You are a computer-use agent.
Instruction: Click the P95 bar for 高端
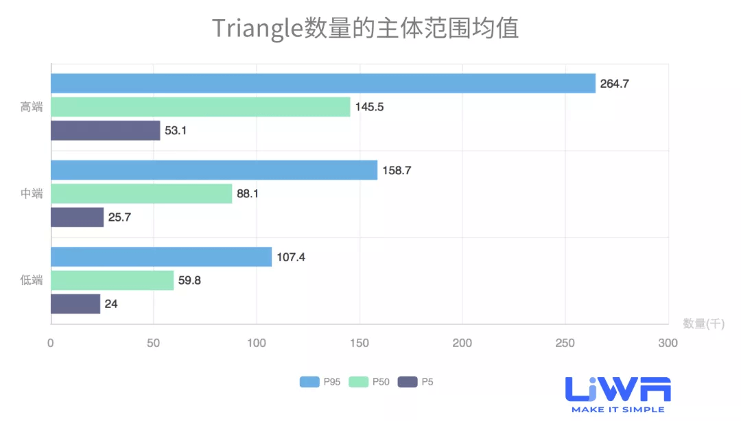tap(322, 84)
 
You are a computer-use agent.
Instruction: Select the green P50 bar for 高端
tap(200, 107)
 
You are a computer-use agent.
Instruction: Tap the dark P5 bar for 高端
tap(105, 130)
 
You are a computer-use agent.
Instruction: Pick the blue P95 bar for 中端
tap(214, 170)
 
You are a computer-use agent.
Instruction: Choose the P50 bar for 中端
tap(141, 193)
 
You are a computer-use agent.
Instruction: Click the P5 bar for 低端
tap(75, 304)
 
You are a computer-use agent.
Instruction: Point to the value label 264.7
tap(614, 84)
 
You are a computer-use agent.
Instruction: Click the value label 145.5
tap(369, 107)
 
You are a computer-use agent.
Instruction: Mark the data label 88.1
tap(248, 193)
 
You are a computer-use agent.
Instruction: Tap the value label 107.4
tap(290, 257)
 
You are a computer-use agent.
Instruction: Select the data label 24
tap(111, 304)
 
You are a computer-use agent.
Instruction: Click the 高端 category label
tap(32, 107)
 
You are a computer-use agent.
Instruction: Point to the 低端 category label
tap(32, 280)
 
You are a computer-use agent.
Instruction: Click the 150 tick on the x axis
tap(359, 343)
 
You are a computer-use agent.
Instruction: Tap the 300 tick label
tap(668, 343)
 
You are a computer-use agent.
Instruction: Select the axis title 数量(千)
tap(703, 324)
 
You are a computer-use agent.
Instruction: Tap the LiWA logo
tap(617, 394)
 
